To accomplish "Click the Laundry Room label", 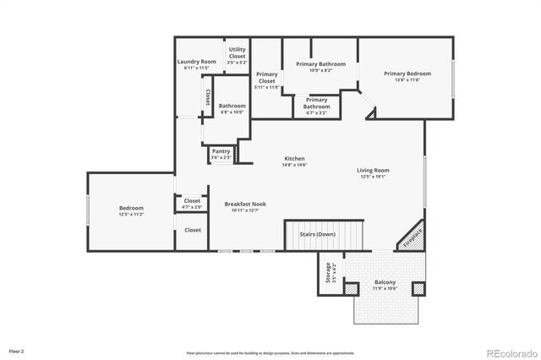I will point(196,62).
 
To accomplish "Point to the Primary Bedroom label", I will point(407,74).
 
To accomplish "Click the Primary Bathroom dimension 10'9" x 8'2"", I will point(314,71).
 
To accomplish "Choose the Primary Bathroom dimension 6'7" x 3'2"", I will point(317,107).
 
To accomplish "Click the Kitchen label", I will point(294,159).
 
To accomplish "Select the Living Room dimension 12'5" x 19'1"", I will point(373,177).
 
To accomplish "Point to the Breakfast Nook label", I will point(245,204).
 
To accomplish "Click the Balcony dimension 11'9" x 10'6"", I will point(385,289).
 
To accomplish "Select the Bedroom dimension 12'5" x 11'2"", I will point(131,215).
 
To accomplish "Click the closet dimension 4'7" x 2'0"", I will point(192,207).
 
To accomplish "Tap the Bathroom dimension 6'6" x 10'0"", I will point(232,112).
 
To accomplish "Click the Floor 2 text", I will point(17,350).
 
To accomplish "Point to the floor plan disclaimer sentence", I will point(270,352).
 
